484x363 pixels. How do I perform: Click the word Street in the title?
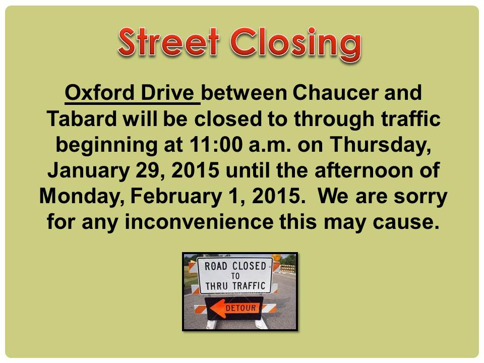[x=168, y=42]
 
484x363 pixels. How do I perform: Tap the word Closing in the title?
[x=296, y=44]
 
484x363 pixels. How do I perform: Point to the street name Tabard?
[x=82, y=118]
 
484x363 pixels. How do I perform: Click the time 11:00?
[x=216, y=144]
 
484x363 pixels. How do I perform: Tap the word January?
[x=89, y=171]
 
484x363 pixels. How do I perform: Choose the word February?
[x=176, y=197]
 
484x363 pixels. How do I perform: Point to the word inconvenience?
[x=199, y=222]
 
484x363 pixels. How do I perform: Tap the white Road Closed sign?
[x=235, y=276]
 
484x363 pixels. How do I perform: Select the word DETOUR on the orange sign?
[x=241, y=308]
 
